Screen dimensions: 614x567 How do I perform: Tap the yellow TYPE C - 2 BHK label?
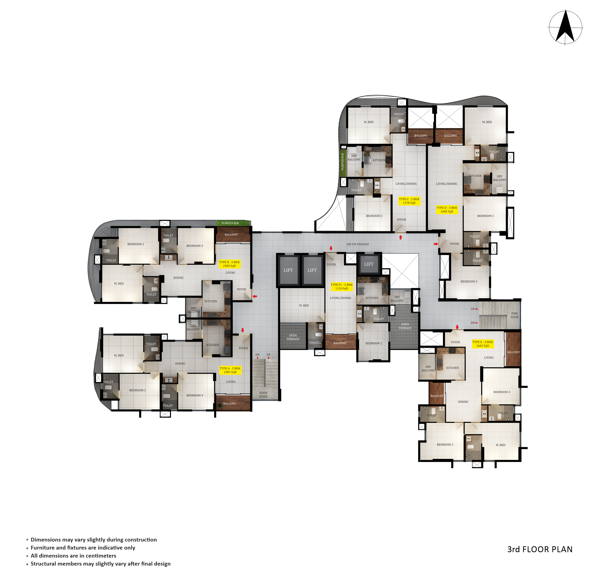tap(409, 201)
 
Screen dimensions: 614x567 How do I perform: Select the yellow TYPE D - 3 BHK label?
tap(447, 210)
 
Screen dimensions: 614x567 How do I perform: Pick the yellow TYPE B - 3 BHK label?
tap(229, 264)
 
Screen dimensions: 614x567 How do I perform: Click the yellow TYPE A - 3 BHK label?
tap(230, 370)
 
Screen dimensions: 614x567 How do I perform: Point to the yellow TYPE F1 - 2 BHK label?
tap(341, 286)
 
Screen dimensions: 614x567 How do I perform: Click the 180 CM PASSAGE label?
tap(357, 244)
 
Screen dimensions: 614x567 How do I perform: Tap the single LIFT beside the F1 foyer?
tap(369, 264)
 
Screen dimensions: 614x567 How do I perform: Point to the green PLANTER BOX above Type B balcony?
tap(233, 223)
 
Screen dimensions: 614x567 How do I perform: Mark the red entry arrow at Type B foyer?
tap(254, 296)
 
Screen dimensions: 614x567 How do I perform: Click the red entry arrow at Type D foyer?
tap(436, 244)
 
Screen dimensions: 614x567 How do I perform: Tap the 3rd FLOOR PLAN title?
tap(540, 549)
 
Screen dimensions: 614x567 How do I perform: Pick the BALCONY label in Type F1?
tap(340, 343)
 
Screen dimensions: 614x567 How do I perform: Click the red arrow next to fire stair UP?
tap(476, 309)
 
